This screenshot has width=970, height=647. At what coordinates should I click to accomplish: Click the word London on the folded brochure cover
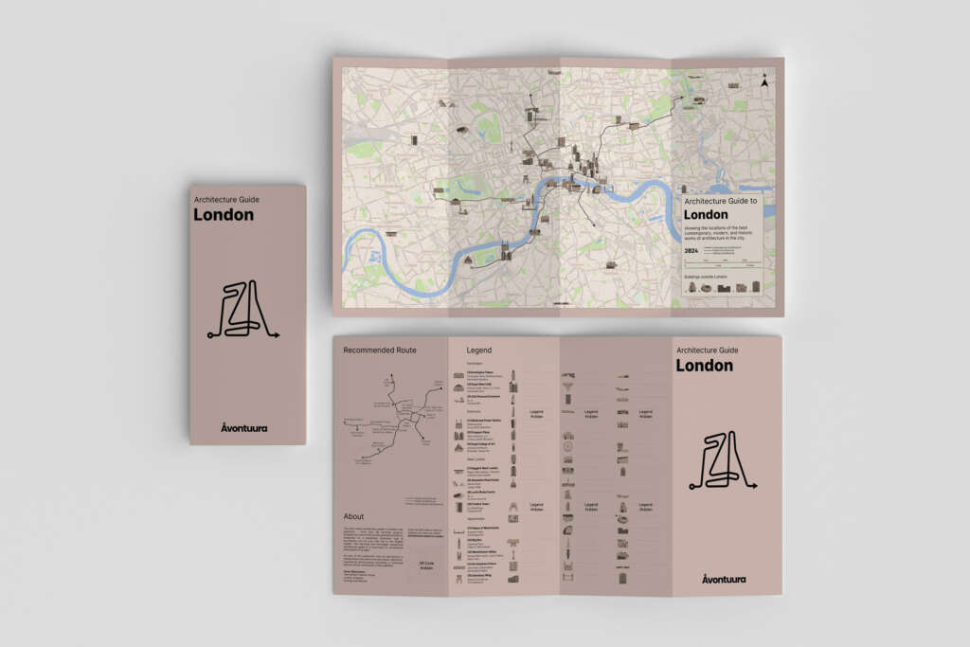(x=224, y=215)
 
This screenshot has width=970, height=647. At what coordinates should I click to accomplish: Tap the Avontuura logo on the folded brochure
(x=243, y=427)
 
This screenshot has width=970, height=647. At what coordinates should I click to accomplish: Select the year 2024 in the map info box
(x=692, y=251)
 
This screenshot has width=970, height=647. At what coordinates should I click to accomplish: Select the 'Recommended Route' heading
(x=380, y=350)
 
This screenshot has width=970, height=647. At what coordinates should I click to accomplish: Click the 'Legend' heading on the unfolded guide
(x=478, y=350)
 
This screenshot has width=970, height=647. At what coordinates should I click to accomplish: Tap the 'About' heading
(x=353, y=516)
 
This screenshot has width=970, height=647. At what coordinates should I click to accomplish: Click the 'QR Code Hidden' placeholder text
(x=426, y=566)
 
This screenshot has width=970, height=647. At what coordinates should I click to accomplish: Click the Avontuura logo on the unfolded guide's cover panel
(x=725, y=578)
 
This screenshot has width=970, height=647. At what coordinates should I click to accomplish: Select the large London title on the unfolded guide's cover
(x=704, y=366)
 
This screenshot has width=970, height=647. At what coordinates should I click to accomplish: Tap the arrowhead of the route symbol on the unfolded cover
(x=755, y=486)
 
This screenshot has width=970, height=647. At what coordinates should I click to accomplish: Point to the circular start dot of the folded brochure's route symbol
(x=209, y=334)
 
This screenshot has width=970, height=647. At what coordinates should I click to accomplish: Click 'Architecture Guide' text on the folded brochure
(x=225, y=199)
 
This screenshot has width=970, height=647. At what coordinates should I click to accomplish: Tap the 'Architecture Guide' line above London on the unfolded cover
(x=709, y=350)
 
